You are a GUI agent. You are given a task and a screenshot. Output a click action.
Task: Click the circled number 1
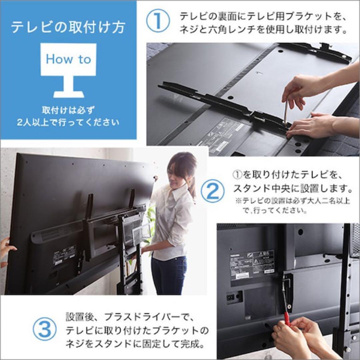[158, 21]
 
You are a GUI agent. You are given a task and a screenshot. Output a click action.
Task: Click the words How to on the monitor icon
[68, 59]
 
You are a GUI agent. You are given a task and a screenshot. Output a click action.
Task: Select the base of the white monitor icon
[68, 94]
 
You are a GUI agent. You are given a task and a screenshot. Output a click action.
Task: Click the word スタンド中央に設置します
[292, 189]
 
